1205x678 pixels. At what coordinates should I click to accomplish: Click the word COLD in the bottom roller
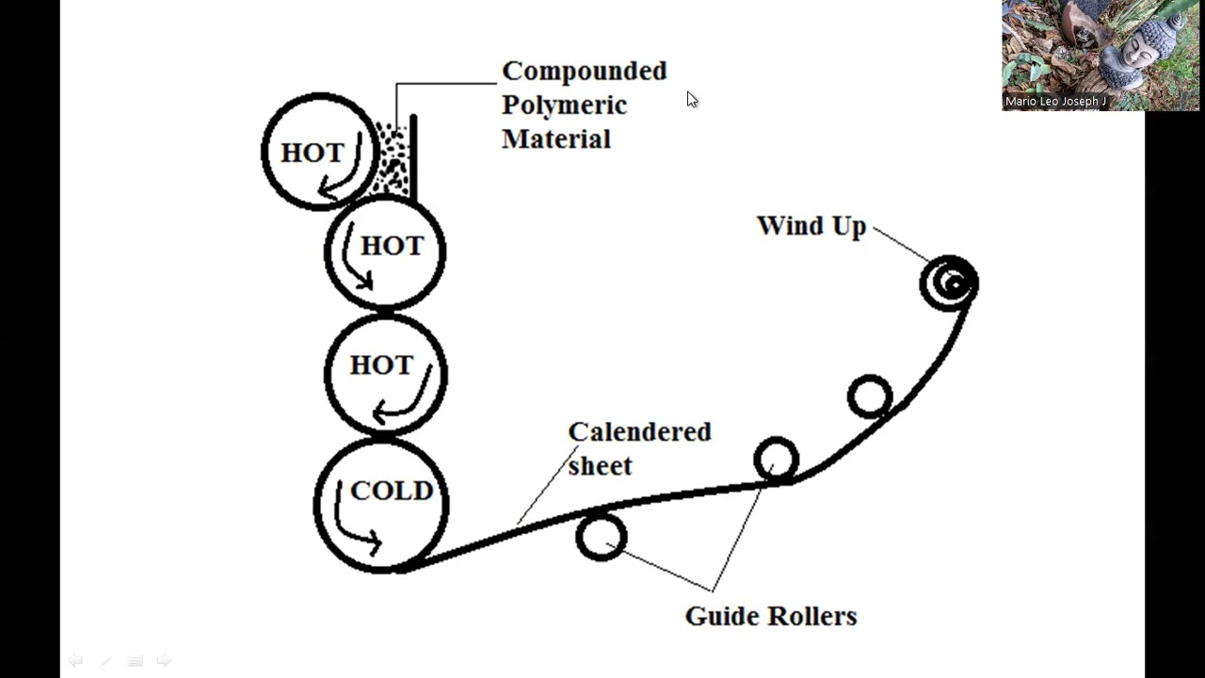(391, 491)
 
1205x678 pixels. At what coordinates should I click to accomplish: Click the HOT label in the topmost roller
(312, 153)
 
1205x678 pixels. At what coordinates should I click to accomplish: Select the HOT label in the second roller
(393, 246)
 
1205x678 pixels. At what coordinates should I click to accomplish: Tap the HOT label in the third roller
(381, 364)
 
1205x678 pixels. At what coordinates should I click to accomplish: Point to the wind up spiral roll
(950, 282)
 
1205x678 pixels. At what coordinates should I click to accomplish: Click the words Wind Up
(811, 226)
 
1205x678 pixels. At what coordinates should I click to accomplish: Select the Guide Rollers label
(770, 616)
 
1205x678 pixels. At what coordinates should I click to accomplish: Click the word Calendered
(639, 431)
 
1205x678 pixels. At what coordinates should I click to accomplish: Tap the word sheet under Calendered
(600, 466)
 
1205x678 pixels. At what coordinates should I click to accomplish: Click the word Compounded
(584, 72)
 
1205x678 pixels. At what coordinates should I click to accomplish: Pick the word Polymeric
(564, 105)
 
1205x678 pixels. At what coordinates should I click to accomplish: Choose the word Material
(555, 139)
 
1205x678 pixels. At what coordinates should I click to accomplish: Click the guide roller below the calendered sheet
(601, 538)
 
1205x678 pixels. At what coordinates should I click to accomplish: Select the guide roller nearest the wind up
(869, 396)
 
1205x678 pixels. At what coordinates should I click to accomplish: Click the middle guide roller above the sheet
(776, 460)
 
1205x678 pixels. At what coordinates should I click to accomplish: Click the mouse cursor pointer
(692, 100)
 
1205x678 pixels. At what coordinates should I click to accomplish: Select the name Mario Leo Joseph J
(1055, 102)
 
